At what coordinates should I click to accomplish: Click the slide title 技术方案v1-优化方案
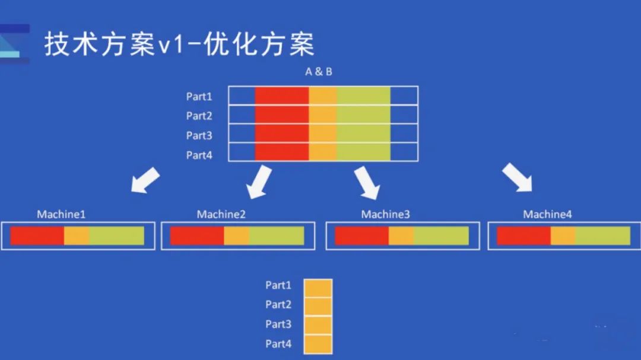179,44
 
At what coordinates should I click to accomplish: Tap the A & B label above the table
319,72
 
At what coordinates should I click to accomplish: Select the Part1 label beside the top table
199,97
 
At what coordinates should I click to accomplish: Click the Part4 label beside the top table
199,155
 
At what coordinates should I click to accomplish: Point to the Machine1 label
61,215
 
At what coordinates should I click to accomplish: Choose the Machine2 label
221,215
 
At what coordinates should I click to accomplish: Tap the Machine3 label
386,215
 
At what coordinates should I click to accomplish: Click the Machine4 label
547,215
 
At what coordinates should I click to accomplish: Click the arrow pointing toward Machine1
145,180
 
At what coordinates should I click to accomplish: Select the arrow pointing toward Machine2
259,182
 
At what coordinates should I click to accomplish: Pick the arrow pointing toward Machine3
367,182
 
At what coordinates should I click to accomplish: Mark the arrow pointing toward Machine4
518,177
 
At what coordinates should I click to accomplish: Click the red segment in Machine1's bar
37,236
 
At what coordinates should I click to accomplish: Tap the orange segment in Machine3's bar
401,236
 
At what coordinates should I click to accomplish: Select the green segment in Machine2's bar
277,236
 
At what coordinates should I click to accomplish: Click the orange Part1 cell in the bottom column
318,288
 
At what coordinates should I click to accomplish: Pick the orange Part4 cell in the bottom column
318,344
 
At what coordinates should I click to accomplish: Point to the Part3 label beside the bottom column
278,324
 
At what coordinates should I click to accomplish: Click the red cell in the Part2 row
282,115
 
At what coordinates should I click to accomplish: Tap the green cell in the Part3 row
363,133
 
